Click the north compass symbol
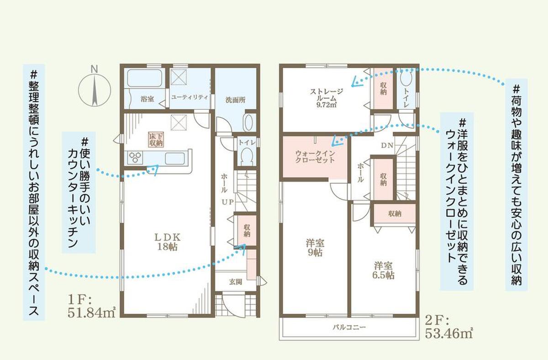95,90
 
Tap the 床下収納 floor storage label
156,139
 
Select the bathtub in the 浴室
144,78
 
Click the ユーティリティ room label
190,97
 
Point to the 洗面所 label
235,100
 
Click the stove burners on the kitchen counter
135,157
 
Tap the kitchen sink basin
174,159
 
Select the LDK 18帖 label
167,242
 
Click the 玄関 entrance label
236,282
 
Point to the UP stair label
227,202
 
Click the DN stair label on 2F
387,146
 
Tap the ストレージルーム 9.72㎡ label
327,98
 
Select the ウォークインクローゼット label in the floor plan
315,157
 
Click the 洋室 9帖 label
315,248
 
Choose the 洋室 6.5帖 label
383,270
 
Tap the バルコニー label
349,327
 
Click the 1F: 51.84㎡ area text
91,307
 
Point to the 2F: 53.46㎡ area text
448,327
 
